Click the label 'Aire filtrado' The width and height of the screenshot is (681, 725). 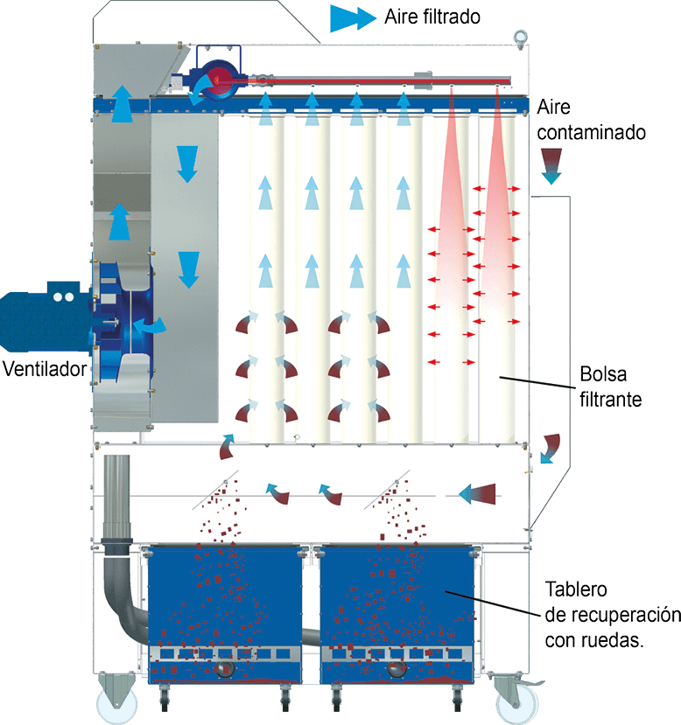[x=432, y=17]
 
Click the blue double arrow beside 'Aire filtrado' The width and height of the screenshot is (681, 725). [x=353, y=17]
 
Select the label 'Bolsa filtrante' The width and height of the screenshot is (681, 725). [x=611, y=387]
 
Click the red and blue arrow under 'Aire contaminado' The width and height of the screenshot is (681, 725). [x=551, y=165]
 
